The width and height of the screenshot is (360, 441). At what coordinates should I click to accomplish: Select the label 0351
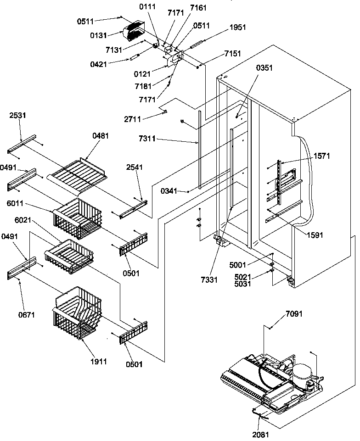coord(264,67)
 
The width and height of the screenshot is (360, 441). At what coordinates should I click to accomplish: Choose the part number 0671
coord(27,315)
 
